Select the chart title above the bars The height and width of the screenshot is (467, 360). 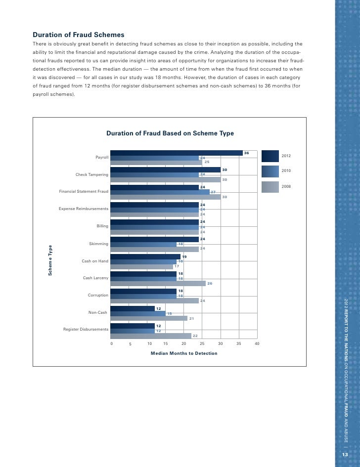tap(170, 133)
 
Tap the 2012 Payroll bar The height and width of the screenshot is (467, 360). tap(177, 153)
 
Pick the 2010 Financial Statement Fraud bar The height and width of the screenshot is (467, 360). tap(160, 192)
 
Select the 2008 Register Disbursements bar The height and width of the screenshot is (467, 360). tap(151, 336)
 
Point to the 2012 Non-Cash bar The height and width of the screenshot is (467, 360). tap(133, 309)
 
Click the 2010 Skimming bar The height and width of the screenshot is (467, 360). tap(143, 244)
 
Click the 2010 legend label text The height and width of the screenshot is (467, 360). tap(286, 170)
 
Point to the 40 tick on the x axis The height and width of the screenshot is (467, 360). tap(257, 343)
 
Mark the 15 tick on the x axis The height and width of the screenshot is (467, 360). tap(165, 343)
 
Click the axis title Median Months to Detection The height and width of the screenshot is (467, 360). tap(184, 353)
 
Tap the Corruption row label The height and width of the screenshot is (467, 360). tap(98, 295)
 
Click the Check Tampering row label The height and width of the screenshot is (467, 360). tap(91, 174)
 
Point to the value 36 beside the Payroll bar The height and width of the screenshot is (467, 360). tap(246, 153)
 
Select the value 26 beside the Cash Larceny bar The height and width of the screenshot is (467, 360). tap(210, 283)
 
